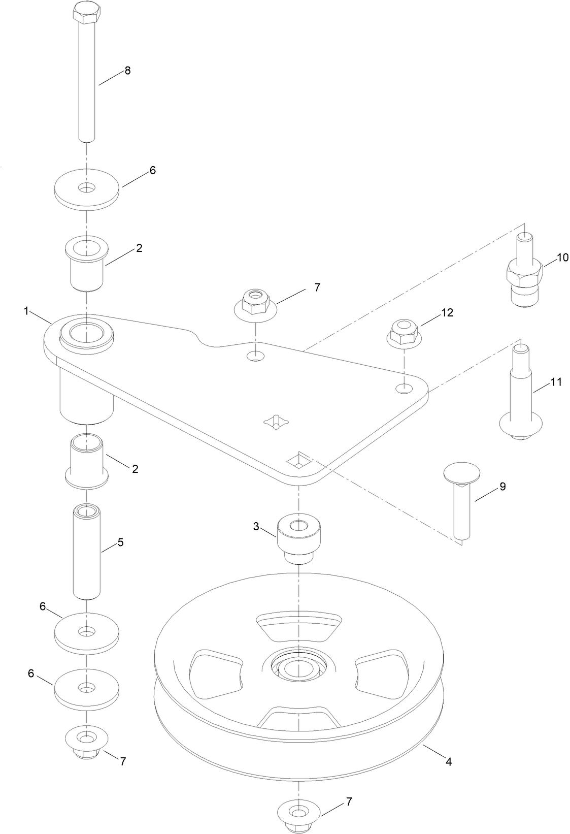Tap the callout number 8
[x=127, y=71]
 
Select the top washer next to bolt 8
[x=87, y=189]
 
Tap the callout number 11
[x=556, y=382]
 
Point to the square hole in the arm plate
[x=298, y=461]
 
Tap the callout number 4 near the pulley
[x=449, y=762]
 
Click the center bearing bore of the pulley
[x=298, y=668]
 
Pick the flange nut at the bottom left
[x=87, y=742]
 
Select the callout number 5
[x=120, y=542]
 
